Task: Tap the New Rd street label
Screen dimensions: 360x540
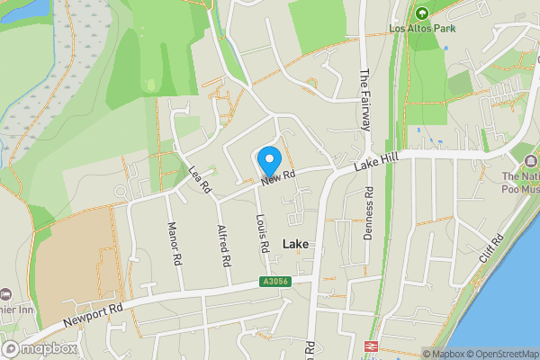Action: click(x=279, y=178)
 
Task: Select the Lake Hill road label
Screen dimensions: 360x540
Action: click(x=375, y=162)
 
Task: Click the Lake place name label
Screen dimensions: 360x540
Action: click(x=296, y=244)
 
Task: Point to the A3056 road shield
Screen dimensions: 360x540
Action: click(x=275, y=282)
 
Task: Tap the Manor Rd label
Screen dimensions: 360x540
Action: click(x=172, y=243)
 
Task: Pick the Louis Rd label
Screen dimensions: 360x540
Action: click(x=263, y=232)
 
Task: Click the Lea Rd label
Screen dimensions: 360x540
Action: click(x=199, y=180)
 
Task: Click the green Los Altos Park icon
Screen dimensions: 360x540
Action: click(x=421, y=13)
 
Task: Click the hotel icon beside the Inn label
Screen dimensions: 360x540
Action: click(x=5, y=295)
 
